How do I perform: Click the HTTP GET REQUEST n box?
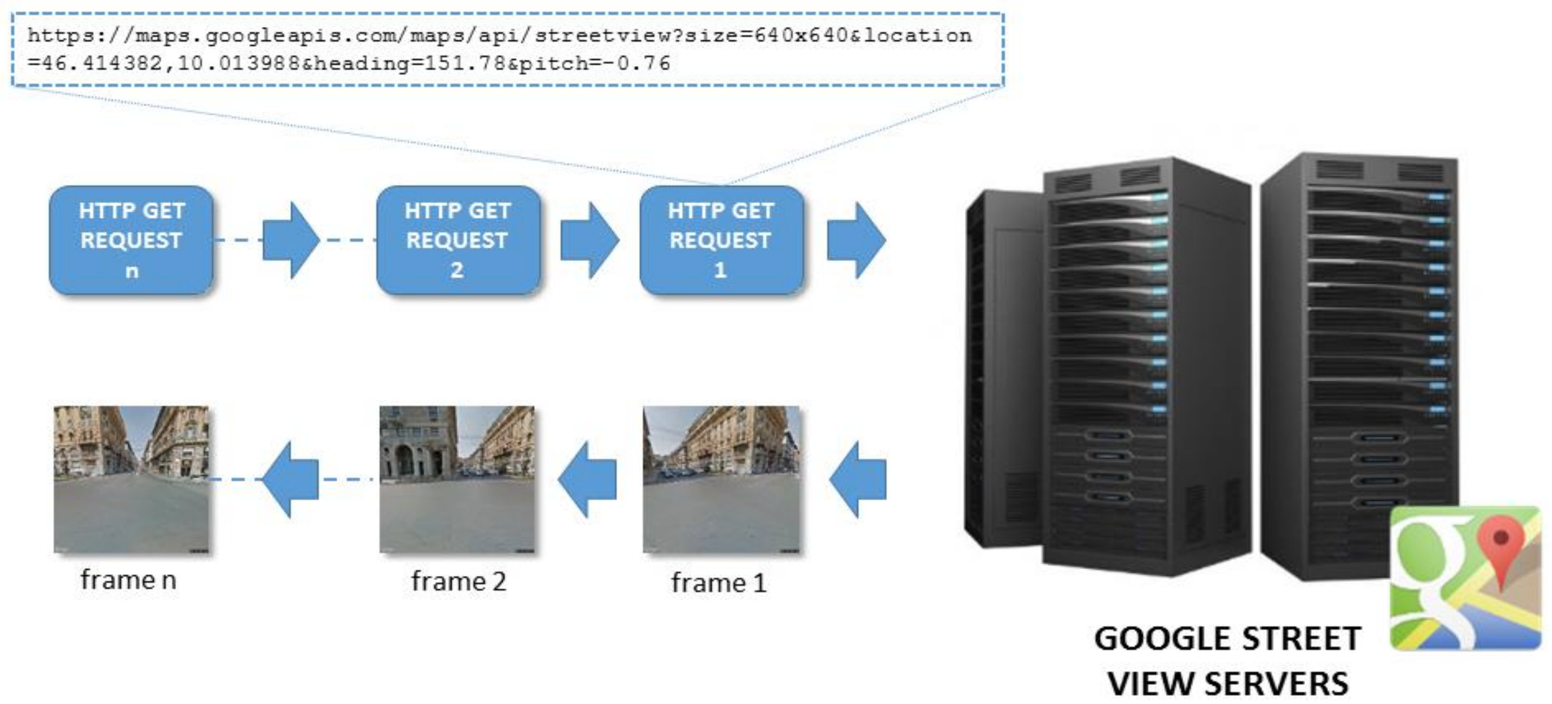131,240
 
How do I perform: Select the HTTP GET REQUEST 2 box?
457,240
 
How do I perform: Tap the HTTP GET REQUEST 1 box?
721,240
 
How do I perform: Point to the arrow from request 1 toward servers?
856,240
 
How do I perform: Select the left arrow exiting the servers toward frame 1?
858,479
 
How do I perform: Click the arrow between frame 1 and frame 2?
587,479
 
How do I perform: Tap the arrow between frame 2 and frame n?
290,479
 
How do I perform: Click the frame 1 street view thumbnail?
721,479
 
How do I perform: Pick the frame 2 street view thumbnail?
457,479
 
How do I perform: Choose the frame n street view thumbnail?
131,479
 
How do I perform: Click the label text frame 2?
458,582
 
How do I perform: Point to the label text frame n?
129,580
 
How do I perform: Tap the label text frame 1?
719,583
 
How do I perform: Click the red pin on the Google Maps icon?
1501,546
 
